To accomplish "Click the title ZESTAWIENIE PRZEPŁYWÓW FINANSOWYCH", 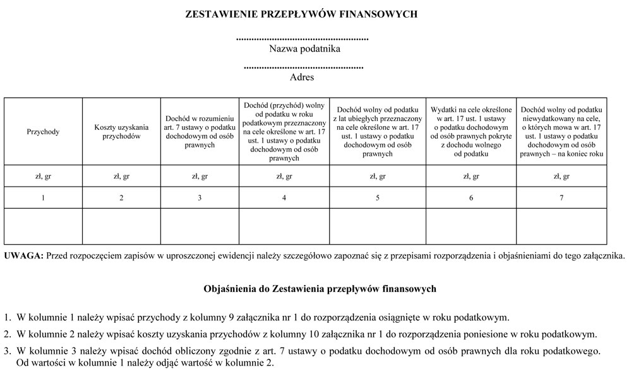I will (x=301, y=13).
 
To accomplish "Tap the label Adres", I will (x=301, y=78).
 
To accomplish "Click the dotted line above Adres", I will (x=303, y=67).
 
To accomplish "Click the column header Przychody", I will (x=43, y=132).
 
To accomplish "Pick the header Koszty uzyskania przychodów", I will (x=121, y=132).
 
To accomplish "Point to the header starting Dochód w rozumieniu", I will (x=200, y=132).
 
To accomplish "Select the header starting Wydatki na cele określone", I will (x=471, y=132).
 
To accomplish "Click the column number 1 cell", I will (x=43, y=198).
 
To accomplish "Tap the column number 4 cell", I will (x=284, y=198).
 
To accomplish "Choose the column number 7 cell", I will (x=561, y=198).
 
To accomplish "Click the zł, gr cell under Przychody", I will (x=43, y=177).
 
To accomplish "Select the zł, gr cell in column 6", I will (x=471, y=177).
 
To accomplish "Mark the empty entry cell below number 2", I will (x=121, y=226).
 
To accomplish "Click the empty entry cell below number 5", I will (x=378, y=226).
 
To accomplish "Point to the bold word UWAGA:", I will (x=23, y=255).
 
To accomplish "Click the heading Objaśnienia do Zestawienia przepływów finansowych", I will (x=320, y=289).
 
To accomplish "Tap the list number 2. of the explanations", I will (x=8, y=334).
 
